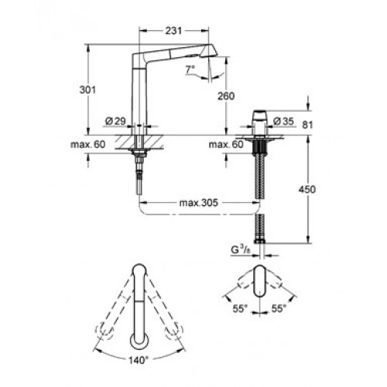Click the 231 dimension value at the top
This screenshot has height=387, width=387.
point(173,31)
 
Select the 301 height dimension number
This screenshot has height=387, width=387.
point(87,90)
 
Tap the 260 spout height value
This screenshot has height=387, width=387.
point(226,96)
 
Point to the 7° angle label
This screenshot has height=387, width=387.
point(190,69)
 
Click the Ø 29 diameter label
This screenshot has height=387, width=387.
point(115,121)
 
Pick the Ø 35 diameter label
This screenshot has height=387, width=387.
point(283,121)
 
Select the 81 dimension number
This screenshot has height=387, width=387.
point(307,125)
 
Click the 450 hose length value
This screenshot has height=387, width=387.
point(307,190)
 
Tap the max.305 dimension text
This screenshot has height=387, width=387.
point(199,203)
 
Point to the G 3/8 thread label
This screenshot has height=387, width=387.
point(241,250)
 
